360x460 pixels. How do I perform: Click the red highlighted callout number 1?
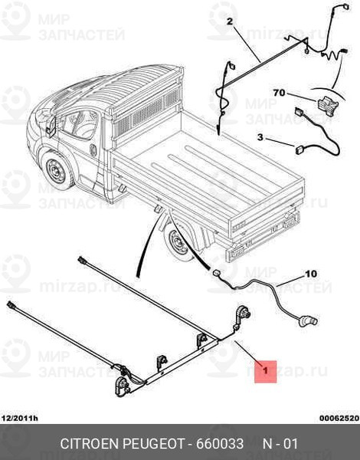(x=265, y=371)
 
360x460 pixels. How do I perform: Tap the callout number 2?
(x=230, y=21)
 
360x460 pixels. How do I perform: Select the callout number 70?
(x=279, y=93)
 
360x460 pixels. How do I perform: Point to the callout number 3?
(x=260, y=137)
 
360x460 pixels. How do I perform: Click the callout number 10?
(x=311, y=274)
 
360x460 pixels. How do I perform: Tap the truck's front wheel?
(x=57, y=170)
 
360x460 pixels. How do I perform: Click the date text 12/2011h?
(x=20, y=419)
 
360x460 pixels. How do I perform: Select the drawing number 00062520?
(x=339, y=419)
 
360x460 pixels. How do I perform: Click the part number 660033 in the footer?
(x=220, y=444)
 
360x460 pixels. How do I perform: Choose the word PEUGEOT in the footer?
(x=153, y=444)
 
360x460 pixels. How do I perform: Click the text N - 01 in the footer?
(x=280, y=444)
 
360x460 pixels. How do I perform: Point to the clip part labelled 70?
(x=327, y=104)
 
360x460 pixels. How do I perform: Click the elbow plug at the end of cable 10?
(x=309, y=320)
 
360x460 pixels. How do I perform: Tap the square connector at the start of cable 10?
(x=217, y=273)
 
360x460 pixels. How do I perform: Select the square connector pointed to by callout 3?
(x=299, y=150)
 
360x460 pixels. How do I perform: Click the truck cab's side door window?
(x=80, y=124)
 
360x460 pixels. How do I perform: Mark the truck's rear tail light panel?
(x=291, y=220)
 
